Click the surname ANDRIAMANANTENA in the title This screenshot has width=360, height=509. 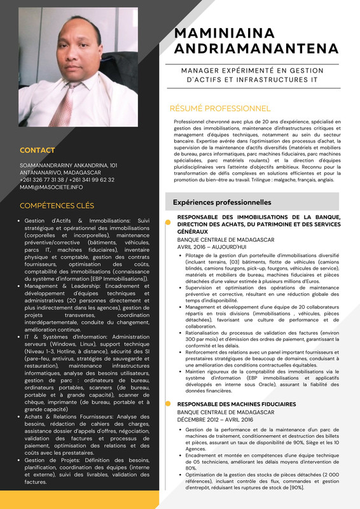(256, 49)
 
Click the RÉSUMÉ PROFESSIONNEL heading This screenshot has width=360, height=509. (219, 109)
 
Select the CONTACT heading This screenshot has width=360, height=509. (38, 151)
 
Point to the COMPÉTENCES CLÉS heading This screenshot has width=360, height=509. (57, 206)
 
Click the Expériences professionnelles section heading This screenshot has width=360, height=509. (222, 202)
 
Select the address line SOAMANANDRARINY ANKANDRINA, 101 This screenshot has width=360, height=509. (69, 165)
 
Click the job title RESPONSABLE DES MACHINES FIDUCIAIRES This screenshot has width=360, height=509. (236, 404)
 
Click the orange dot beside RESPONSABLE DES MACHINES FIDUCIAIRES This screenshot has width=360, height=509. (167, 404)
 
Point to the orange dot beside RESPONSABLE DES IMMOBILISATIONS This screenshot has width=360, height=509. (167, 217)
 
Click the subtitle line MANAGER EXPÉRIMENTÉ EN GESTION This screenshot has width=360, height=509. (253, 71)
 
